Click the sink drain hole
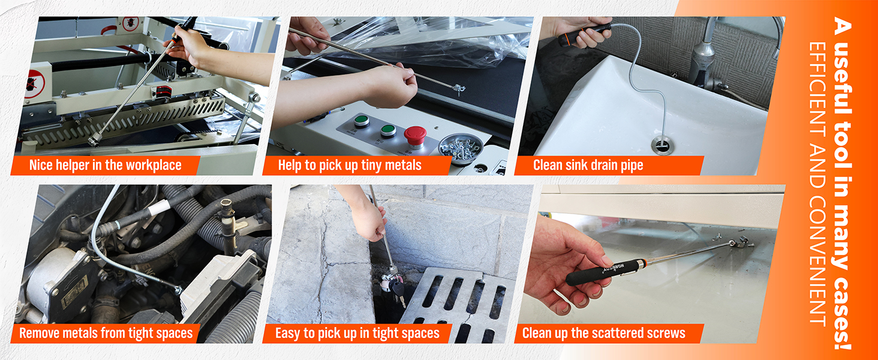[x=663, y=145]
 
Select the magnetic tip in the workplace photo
[x=94, y=140]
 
